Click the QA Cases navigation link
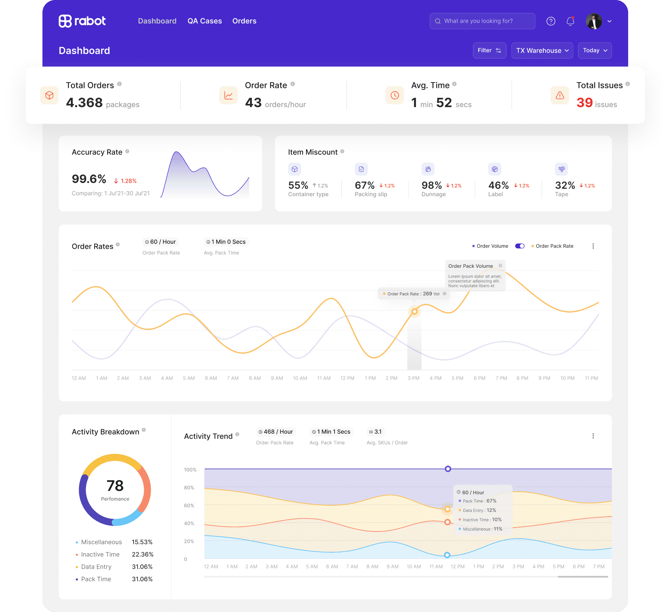pyautogui.click(x=204, y=21)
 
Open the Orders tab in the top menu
pyautogui.click(x=244, y=21)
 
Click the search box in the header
pyautogui.click(x=482, y=21)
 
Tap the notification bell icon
pyautogui.click(x=570, y=21)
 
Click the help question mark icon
pyautogui.click(x=551, y=21)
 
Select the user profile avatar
pyautogui.click(x=594, y=21)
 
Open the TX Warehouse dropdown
pyautogui.click(x=542, y=51)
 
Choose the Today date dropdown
pyautogui.click(x=595, y=51)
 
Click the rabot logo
pyautogui.click(x=82, y=21)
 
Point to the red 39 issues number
pyautogui.click(x=585, y=103)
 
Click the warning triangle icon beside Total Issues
pyautogui.click(x=560, y=95)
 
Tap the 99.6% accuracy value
pyautogui.click(x=89, y=179)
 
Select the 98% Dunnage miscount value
pyautogui.click(x=431, y=185)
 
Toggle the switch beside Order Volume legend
pyautogui.click(x=520, y=246)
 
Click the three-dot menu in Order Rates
pyautogui.click(x=593, y=246)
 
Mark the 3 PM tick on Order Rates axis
pyautogui.click(x=414, y=378)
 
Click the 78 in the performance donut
pyautogui.click(x=115, y=486)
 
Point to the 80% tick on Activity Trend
pyautogui.click(x=189, y=488)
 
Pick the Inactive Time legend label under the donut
pyautogui.click(x=100, y=554)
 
